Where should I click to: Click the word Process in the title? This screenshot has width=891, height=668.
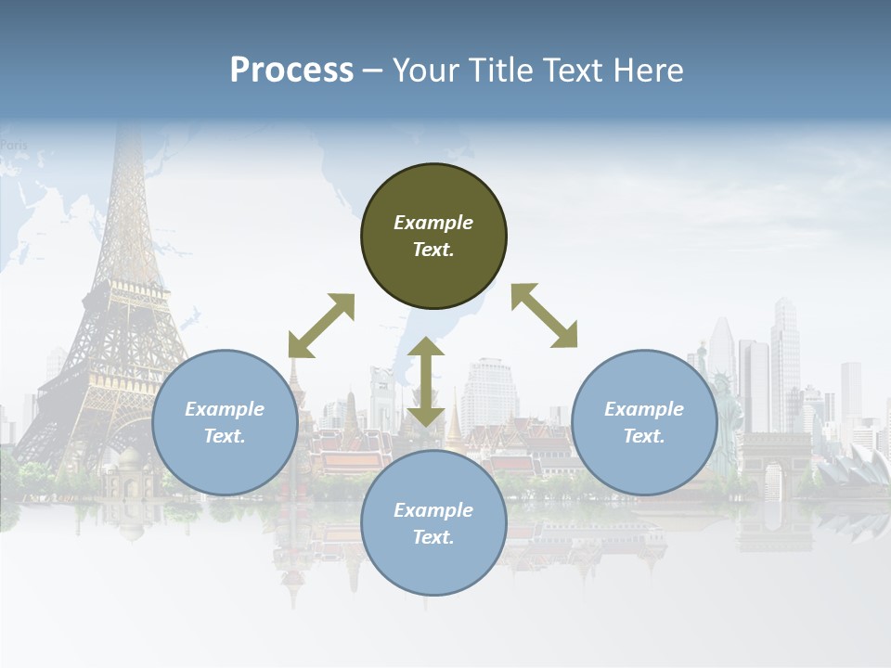pyautogui.click(x=291, y=71)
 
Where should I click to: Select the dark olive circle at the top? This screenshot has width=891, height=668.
pyautogui.click(x=433, y=237)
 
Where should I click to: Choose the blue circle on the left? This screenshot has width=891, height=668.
pyautogui.click(x=225, y=422)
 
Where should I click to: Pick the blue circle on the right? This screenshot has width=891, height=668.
pyautogui.click(x=644, y=422)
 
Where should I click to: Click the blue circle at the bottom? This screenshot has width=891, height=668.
pyautogui.click(x=433, y=522)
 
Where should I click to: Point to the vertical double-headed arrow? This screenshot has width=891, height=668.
pyautogui.click(x=426, y=381)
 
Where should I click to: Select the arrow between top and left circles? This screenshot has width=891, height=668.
pyautogui.click(x=321, y=326)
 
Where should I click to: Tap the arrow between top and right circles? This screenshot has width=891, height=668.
pyautogui.click(x=545, y=315)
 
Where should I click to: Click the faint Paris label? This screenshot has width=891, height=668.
pyautogui.click(x=14, y=145)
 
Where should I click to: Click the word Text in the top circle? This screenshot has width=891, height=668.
pyautogui.click(x=433, y=250)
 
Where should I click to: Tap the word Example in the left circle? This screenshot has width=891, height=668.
pyautogui.click(x=225, y=409)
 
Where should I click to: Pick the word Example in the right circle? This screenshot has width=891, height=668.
pyautogui.click(x=644, y=409)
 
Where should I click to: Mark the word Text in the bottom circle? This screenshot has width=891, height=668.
pyautogui.click(x=433, y=537)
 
